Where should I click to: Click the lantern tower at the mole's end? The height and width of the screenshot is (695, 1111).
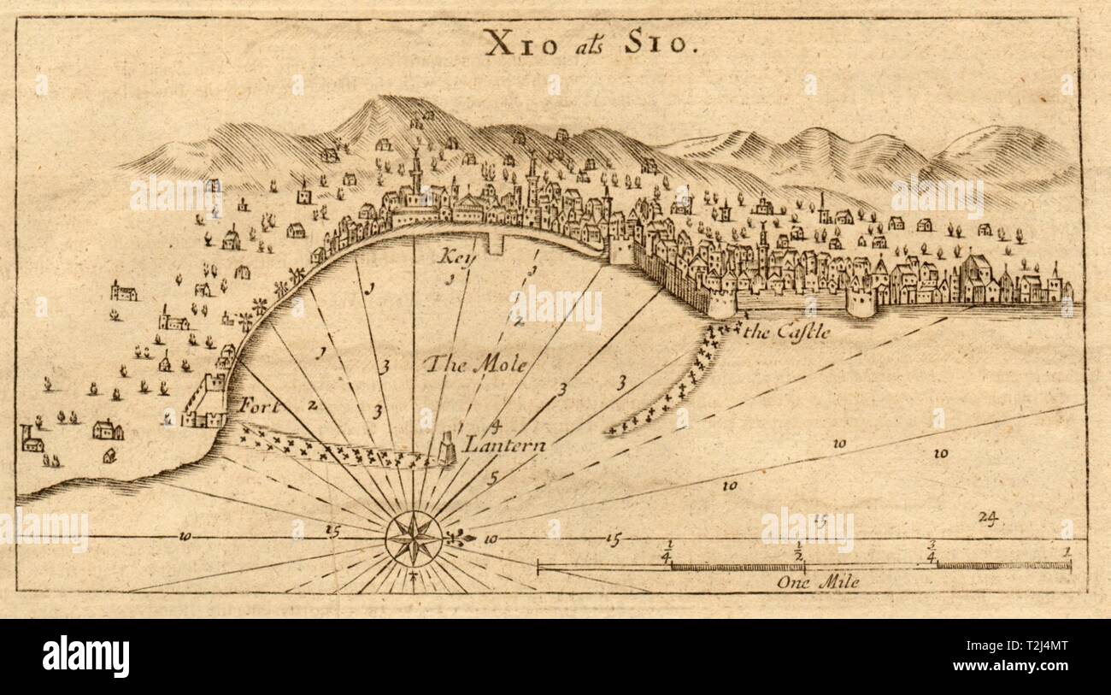click(447, 448)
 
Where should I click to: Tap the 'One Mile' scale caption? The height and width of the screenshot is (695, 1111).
click(818, 582)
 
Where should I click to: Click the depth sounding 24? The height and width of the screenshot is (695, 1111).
click(990, 517)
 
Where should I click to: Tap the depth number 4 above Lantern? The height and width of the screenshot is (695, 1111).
click(495, 425)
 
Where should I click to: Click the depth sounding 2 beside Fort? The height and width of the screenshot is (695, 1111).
click(313, 404)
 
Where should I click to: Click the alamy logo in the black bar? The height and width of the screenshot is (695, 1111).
click(85, 657)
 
